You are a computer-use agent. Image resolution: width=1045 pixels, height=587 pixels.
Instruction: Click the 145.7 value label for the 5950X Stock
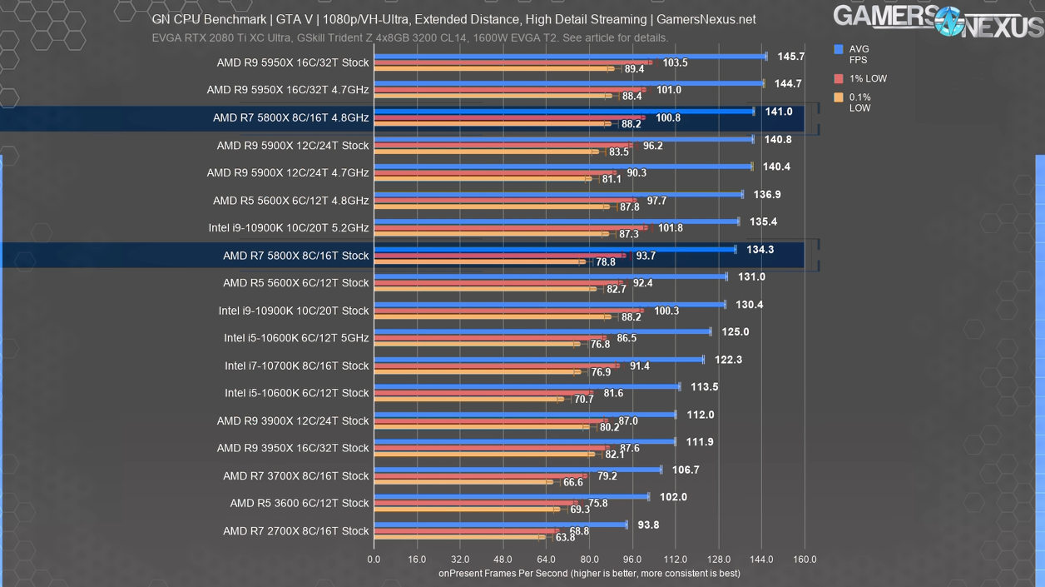(790, 57)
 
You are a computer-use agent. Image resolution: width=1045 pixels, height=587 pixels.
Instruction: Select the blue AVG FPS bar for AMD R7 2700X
(500, 525)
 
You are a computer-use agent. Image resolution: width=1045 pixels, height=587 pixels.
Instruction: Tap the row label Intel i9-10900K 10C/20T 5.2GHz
(289, 228)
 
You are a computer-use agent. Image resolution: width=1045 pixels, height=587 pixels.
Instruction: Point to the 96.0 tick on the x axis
(632, 560)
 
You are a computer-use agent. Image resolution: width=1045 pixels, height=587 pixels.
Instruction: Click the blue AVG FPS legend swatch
(839, 50)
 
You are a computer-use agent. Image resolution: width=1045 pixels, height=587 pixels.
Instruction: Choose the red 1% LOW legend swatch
(839, 79)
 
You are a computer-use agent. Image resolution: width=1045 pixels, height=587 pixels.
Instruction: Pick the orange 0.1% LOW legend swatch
(839, 98)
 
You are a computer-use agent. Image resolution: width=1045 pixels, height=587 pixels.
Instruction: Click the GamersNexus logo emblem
(949, 20)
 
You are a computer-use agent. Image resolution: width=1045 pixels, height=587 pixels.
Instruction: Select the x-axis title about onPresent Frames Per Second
(588, 574)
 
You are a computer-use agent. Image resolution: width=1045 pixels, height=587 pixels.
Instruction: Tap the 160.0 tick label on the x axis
(805, 560)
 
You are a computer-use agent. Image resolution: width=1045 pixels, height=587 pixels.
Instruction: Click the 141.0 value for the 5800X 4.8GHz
(779, 112)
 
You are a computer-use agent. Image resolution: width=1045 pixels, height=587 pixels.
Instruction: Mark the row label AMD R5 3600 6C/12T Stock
(300, 503)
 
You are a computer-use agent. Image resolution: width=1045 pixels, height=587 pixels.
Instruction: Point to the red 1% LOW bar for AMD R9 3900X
(491, 421)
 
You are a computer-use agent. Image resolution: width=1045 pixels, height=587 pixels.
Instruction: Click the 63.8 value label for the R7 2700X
(565, 538)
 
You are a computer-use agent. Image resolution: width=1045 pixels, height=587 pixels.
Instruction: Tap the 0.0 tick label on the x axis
(374, 560)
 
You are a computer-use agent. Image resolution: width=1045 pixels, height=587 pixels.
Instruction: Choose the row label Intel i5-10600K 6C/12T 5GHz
(296, 338)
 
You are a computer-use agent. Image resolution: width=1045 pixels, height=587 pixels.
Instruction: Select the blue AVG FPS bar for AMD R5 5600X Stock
(550, 276)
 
